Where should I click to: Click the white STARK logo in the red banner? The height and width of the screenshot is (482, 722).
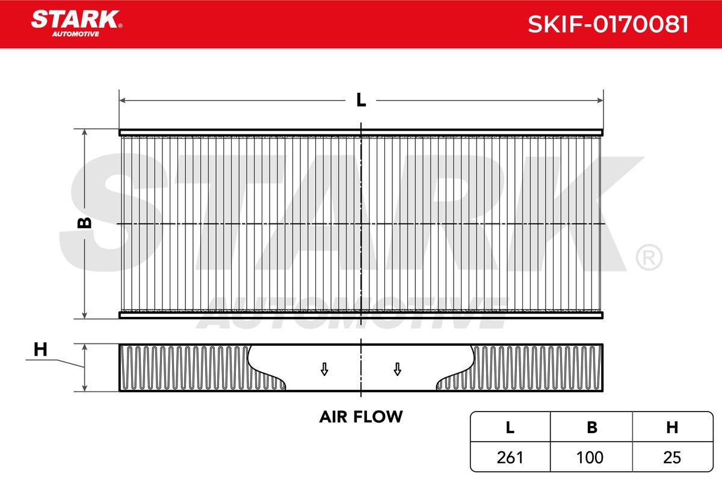coord(76,19)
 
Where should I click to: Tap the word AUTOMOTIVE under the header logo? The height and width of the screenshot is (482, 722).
coord(76,34)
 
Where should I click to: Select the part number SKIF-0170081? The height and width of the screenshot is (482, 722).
coord(608,24)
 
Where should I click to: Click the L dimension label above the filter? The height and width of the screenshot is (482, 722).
coord(361,100)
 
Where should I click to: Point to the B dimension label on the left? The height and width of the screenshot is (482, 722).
coord(84,223)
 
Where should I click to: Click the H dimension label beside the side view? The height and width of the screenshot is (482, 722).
coord(41,349)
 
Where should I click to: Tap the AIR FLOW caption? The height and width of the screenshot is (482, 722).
coord(361,417)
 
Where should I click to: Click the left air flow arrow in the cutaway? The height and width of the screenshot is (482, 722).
coord(324,369)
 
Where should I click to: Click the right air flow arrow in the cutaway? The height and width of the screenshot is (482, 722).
coord(398,369)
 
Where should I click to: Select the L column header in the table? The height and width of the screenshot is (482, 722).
coord(510,427)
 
